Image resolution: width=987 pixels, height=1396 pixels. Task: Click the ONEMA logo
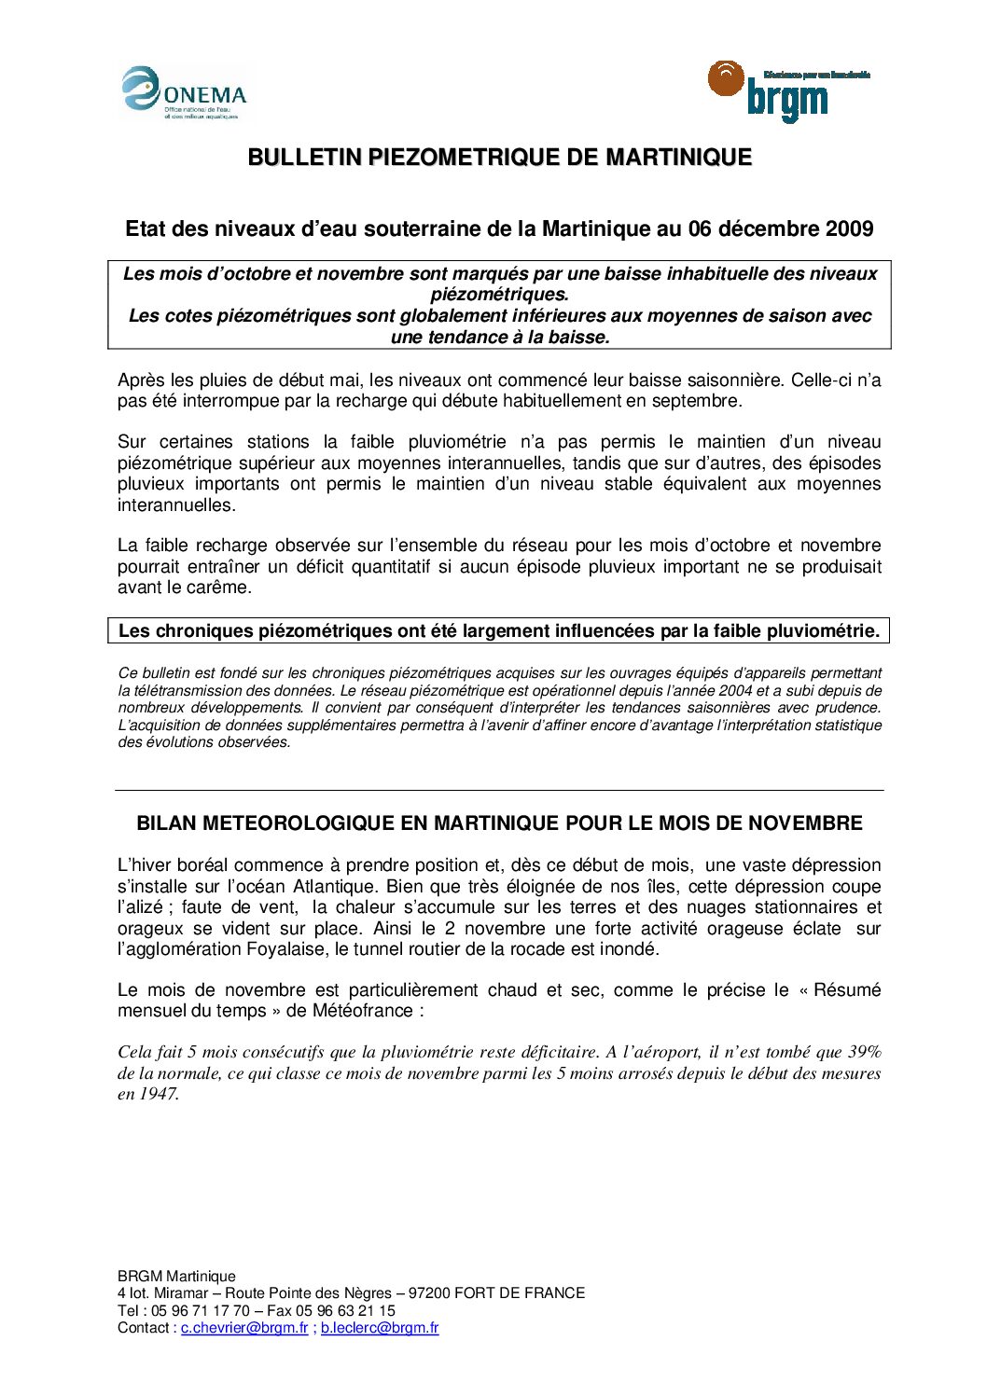coord(185,92)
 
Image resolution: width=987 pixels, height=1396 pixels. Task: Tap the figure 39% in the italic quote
coord(864,1052)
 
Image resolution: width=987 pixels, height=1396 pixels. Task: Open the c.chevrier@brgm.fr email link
coord(244,1328)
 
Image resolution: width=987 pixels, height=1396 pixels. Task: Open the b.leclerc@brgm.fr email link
coord(380,1328)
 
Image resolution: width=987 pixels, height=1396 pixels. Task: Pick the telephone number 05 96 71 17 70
coord(201,1310)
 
